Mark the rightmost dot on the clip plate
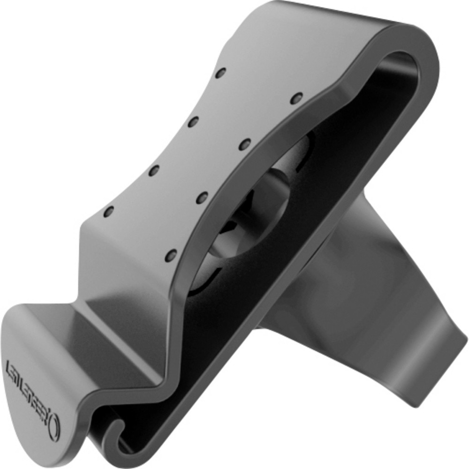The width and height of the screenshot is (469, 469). click(x=296, y=98)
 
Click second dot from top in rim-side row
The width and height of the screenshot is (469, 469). click(x=244, y=144)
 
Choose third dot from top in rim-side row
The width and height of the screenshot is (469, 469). click(x=202, y=197)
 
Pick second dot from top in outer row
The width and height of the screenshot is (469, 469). click(x=193, y=122)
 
